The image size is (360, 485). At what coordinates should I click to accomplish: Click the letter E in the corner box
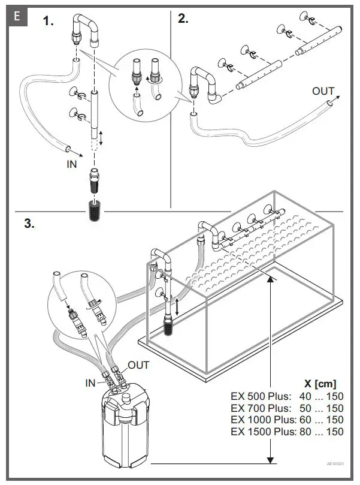click(x=16, y=16)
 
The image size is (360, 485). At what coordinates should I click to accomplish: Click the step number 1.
click(x=48, y=22)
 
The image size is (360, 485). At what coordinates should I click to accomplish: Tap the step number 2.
click(x=183, y=19)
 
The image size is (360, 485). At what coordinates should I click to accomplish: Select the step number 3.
click(x=28, y=224)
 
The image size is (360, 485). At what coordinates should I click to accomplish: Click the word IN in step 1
click(x=72, y=164)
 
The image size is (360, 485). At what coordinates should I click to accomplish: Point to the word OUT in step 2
click(x=323, y=91)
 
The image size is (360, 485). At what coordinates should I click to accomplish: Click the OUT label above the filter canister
click(x=138, y=364)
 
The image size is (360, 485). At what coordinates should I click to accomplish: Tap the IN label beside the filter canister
click(x=90, y=383)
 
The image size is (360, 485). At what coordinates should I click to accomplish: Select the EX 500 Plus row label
click(x=261, y=396)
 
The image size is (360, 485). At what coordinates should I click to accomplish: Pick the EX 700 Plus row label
click(x=261, y=408)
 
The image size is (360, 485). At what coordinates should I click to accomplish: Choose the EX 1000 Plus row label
click(x=264, y=420)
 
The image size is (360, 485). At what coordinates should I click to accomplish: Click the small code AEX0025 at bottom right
click(x=335, y=464)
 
